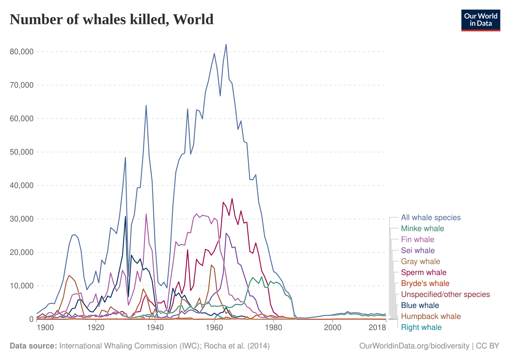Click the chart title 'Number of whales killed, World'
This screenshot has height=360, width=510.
112,19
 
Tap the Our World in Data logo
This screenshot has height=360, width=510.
481,20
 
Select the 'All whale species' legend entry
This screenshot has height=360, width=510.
431,218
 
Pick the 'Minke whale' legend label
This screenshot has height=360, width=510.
422,229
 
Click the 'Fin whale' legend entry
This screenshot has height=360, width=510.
418,240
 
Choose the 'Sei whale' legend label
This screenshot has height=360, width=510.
418,251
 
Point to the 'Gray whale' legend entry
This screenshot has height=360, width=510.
420,262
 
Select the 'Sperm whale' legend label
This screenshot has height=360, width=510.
424,273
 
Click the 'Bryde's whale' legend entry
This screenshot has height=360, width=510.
425,284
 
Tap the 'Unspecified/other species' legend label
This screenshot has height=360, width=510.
445,295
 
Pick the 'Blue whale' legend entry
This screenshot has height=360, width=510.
420,305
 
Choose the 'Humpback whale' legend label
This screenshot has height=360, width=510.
431,317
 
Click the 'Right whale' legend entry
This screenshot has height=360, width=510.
421,327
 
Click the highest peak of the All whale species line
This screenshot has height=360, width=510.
226,44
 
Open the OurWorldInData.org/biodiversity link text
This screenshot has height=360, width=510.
414,346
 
